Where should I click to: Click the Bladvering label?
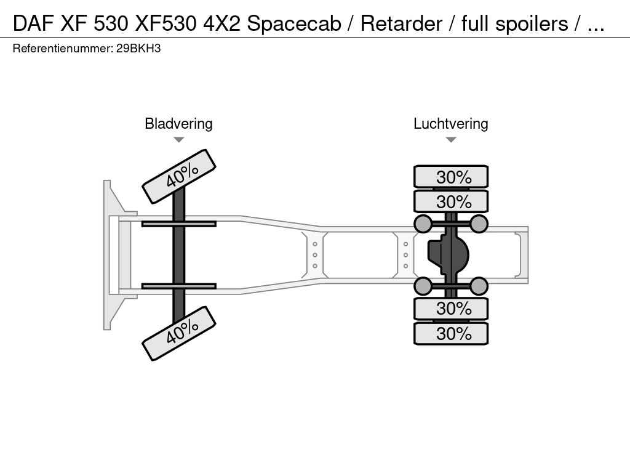point(178,124)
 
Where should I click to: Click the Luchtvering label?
point(450,124)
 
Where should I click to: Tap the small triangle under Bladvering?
point(178,140)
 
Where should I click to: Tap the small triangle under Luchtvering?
point(450,140)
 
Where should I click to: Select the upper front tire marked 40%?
point(179,176)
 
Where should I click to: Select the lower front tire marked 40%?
point(179,333)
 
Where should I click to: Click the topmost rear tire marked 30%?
point(451,177)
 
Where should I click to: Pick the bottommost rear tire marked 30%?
point(451,333)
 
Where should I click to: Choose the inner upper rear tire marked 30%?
point(451,201)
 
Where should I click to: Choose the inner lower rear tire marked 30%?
point(451,308)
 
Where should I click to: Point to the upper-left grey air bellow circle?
point(423,224)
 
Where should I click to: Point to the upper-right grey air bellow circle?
point(479,224)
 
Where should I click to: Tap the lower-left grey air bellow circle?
point(423,286)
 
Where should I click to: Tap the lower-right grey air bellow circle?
point(479,286)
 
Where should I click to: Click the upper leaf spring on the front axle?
point(178,224)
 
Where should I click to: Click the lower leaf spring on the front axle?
point(178,286)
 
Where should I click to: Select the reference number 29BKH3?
point(138,48)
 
